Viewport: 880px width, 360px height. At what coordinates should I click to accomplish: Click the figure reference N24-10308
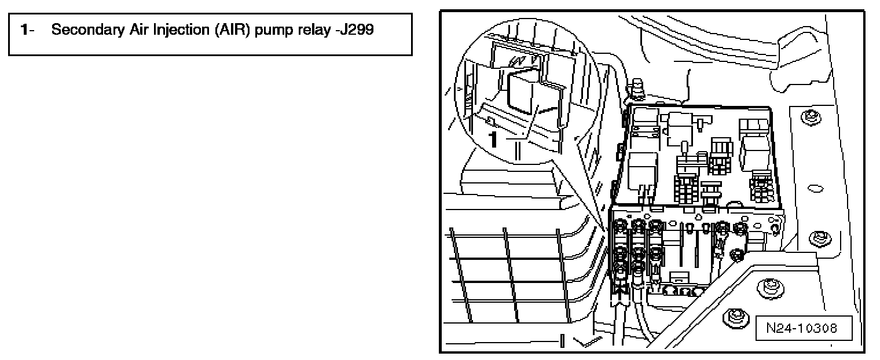[801, 328]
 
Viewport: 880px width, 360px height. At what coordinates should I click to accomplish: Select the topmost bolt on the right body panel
[808, 117]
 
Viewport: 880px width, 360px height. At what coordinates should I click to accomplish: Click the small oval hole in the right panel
[813, 188]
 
